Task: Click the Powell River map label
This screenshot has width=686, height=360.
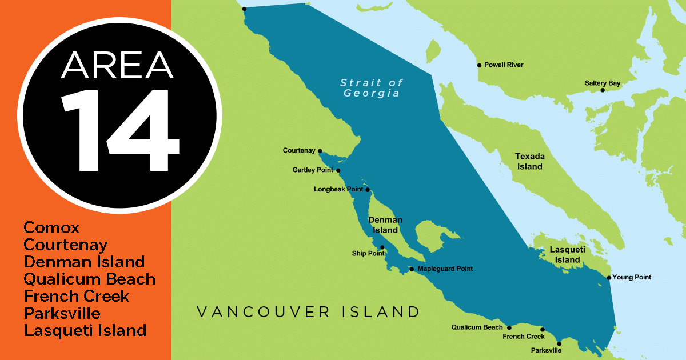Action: [503, 65]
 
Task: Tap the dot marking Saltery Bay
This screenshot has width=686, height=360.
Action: [603, 90]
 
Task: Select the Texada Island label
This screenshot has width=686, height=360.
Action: [529, 161]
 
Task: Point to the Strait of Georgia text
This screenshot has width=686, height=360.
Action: [372, 88]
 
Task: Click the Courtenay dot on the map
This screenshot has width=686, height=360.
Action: [320, 151]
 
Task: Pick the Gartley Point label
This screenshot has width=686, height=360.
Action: [313, 170]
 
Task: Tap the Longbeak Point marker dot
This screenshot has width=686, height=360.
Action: [368, 190]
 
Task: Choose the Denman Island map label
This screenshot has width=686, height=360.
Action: [385, 225]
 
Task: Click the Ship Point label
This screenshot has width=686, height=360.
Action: [368, 253]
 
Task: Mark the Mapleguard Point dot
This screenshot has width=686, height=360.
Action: [412, 269]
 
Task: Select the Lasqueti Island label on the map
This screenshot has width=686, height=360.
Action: [564, 254]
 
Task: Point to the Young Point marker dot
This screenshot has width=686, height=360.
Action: [609, 278]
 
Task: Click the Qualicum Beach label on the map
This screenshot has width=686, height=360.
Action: [477, 327]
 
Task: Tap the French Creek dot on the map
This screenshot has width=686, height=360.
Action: [543, 329]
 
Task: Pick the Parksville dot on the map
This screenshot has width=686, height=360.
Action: [559, 344]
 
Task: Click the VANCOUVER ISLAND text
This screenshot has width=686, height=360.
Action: [308, 312]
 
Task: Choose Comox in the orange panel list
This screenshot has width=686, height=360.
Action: [51, 227]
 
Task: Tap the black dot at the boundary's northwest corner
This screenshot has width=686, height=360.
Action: [244, 9]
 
